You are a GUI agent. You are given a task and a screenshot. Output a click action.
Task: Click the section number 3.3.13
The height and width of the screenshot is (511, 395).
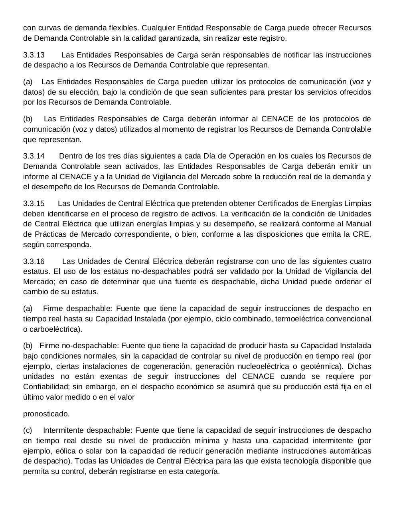pos(34,55)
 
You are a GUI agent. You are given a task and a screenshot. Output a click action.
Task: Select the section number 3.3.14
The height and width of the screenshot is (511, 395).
pos(34,156)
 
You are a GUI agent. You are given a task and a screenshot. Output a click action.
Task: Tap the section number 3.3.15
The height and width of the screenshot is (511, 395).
pos(34,203)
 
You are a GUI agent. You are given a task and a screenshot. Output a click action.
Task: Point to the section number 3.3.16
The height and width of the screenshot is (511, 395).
pos(34,261)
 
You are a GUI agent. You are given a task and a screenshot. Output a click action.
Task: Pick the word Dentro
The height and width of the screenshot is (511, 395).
pos(69,156)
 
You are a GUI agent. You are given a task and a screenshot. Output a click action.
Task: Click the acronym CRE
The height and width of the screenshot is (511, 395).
pos(362,234)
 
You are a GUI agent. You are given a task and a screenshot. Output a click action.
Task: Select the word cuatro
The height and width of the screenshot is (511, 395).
pos(359,261)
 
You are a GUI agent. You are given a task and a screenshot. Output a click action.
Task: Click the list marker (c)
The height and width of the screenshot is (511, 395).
pos(28,430)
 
